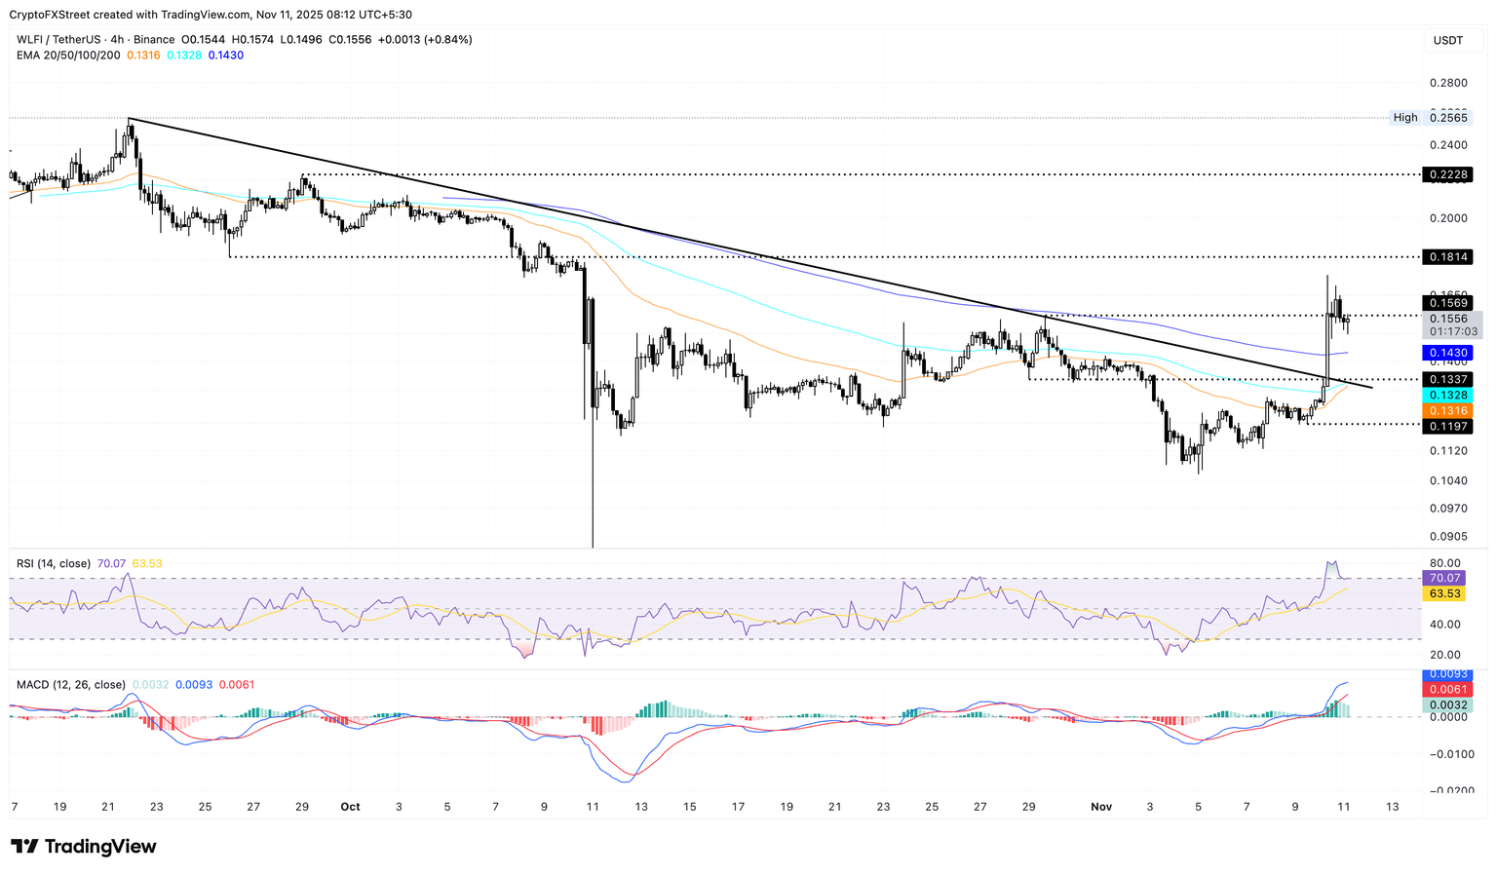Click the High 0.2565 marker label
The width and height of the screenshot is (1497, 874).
point(1432,118)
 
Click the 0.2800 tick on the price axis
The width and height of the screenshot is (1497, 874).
point(1447,83)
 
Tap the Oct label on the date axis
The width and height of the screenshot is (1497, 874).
point(350,807)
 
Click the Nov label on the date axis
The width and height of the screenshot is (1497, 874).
point(1101,807)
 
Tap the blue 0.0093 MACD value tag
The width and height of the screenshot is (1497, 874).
point(1447,674)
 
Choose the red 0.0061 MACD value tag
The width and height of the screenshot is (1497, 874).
point(1447,690)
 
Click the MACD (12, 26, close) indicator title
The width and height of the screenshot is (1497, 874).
point(71,685)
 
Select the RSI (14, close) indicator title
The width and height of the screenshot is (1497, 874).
point(54,563)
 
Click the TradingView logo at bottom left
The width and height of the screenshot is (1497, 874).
point(84,847)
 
